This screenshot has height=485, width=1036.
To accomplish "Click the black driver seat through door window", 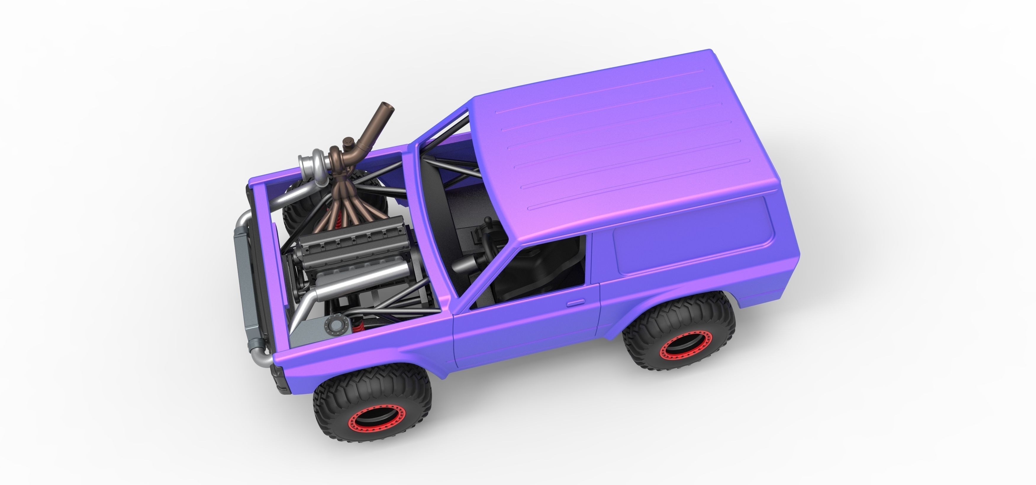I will pyautogui.click(x=531, y=273).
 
